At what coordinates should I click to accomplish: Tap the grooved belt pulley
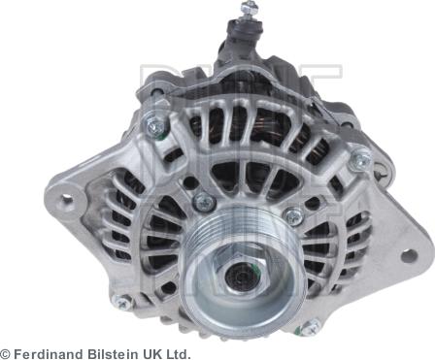click(x=243, y=270)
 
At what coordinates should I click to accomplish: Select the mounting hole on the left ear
click(x=67, y=198)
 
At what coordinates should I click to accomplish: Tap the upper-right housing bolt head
click(x=360, y=159)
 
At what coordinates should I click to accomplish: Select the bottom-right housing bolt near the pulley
click(x=310, y=327)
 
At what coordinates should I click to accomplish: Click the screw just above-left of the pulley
click(x=204, y=201)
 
